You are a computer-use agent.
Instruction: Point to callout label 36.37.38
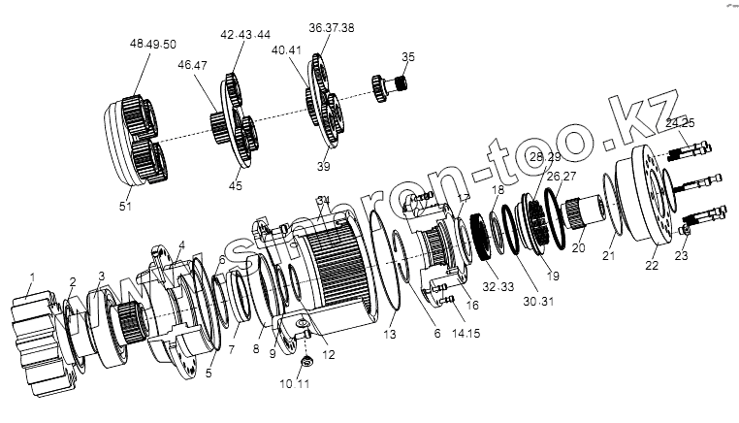point(331,28)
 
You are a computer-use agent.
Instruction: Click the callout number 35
point(407,58)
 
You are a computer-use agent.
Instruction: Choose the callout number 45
point(236,186)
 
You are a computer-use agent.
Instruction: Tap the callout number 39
point(322,167)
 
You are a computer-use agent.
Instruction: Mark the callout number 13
point(390,334)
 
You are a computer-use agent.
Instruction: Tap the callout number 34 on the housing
point(324,201)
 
